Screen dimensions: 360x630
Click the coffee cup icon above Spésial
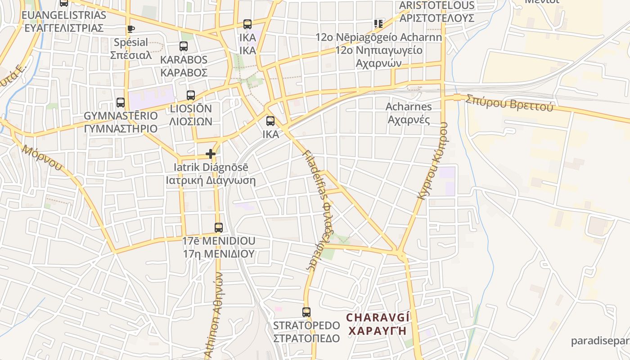pyautogui.click(x=130, y=29)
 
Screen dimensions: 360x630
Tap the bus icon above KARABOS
pyautogui.click(x=183, y=46)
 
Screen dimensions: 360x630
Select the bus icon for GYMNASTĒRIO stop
pyautogui.click(x=120, y=103)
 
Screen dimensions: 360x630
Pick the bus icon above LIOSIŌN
pyautogui.click(x=191, y=95)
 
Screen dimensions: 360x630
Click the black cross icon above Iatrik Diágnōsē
pyautogui.click(x=211, y=154)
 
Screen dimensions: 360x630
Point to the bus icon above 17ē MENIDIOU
pyautogui.click(x=219, y=228)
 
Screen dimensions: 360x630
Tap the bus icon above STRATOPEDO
pyautogui.click(x=306, y=312)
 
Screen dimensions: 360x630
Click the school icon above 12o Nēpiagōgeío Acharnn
pyautogui.click(x=378, y=24)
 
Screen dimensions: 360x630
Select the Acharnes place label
pyautogui.click(x=409, y=107)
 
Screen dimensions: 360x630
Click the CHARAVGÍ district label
pyautogui.click(x=378, y=318)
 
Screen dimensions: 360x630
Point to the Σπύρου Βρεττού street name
pyautogui.click(x=509, y=102)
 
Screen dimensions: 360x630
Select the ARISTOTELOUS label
pyautogui.click(x=436, y=5)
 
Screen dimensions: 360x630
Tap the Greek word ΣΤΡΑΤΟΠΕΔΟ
pyautogui.click(x=306, y=338)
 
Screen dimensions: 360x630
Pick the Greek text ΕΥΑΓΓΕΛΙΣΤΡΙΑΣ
pyautogui.click(x=64, y=28)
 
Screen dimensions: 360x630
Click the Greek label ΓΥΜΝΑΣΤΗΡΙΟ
pyautogui.click(x=121, y=129)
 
